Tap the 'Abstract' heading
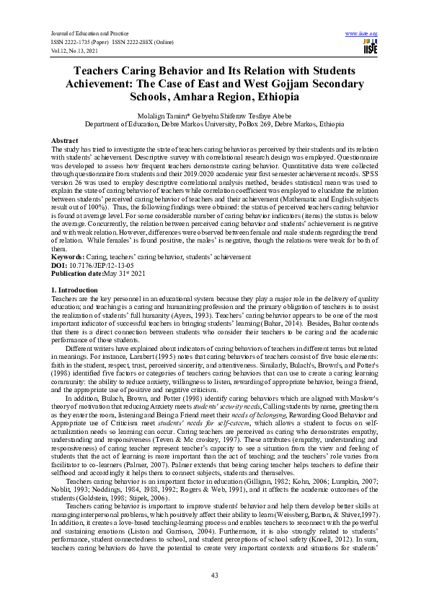point(65,139)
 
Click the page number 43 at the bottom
point(214,574)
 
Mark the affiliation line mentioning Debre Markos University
point(214,123)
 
